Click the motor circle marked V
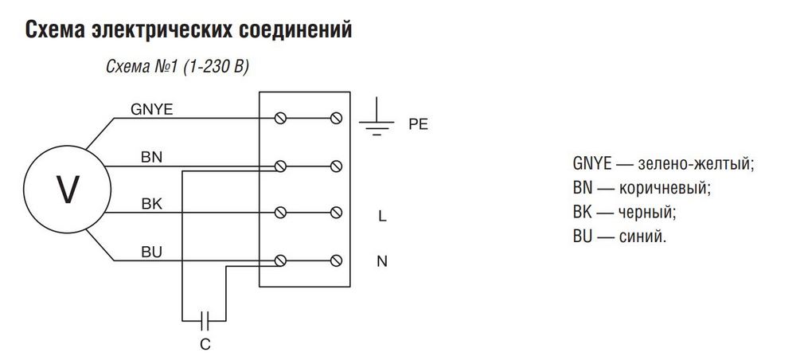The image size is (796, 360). pos(66,189)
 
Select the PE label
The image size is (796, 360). pos(418,125)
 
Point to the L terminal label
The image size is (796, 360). pos(382,215)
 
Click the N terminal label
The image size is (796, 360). pos(382,261)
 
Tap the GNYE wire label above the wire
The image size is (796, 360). pos(151,110)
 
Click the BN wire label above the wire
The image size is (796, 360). pos(151,157)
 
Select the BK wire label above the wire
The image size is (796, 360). pos(151,204)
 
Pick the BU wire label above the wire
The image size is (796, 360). pos(151,252)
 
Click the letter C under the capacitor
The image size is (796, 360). pos(205,344)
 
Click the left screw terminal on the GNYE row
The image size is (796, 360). pos(280,119)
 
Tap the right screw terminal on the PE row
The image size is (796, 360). pos(335,119)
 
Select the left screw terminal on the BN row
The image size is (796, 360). pos(280,166)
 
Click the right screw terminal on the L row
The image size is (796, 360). pos(335,213)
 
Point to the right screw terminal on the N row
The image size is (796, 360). pos(335,260)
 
